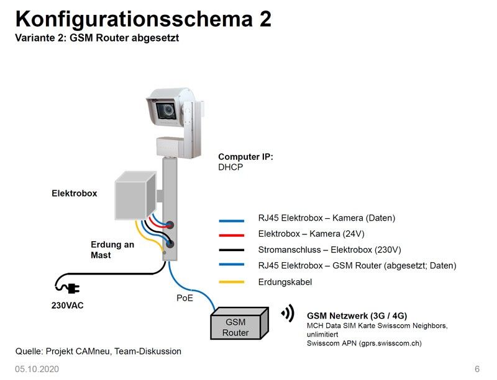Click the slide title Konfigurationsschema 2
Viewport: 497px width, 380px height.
pyautogui.click(x=143, y=19)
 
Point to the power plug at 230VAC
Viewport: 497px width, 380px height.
pyautogui.click(x=73, y=287)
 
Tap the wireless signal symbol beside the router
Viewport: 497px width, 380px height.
pyautogui.click(x=288, y=314)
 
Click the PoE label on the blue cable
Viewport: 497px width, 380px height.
pyautogui.click(x=185, y=298)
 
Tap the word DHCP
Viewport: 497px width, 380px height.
pyautogui.click(x=230, y=167)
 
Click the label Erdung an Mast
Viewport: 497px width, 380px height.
pyautogui.click(x=112, y=250)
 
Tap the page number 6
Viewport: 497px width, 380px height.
pyautogui.click(x=477, y=369)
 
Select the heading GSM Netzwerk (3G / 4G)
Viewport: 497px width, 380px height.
pyautogui.click(x=357, y=316)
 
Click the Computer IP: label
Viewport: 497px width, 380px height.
pyautogui.click(x=245, y=157)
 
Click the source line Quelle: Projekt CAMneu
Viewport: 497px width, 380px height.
pyautogui.click(x=98, y=351)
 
